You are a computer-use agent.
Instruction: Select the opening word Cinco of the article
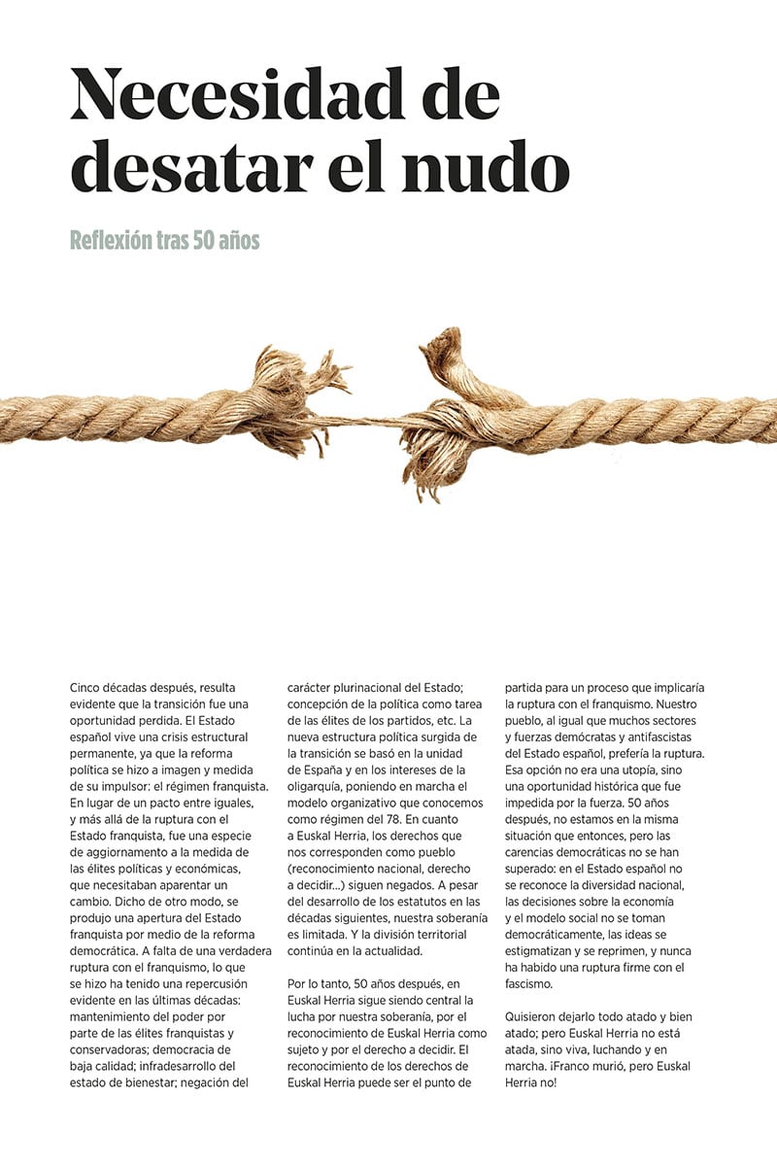tap(89, 687)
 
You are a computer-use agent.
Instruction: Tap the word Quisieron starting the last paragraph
tap(537, 1016)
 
